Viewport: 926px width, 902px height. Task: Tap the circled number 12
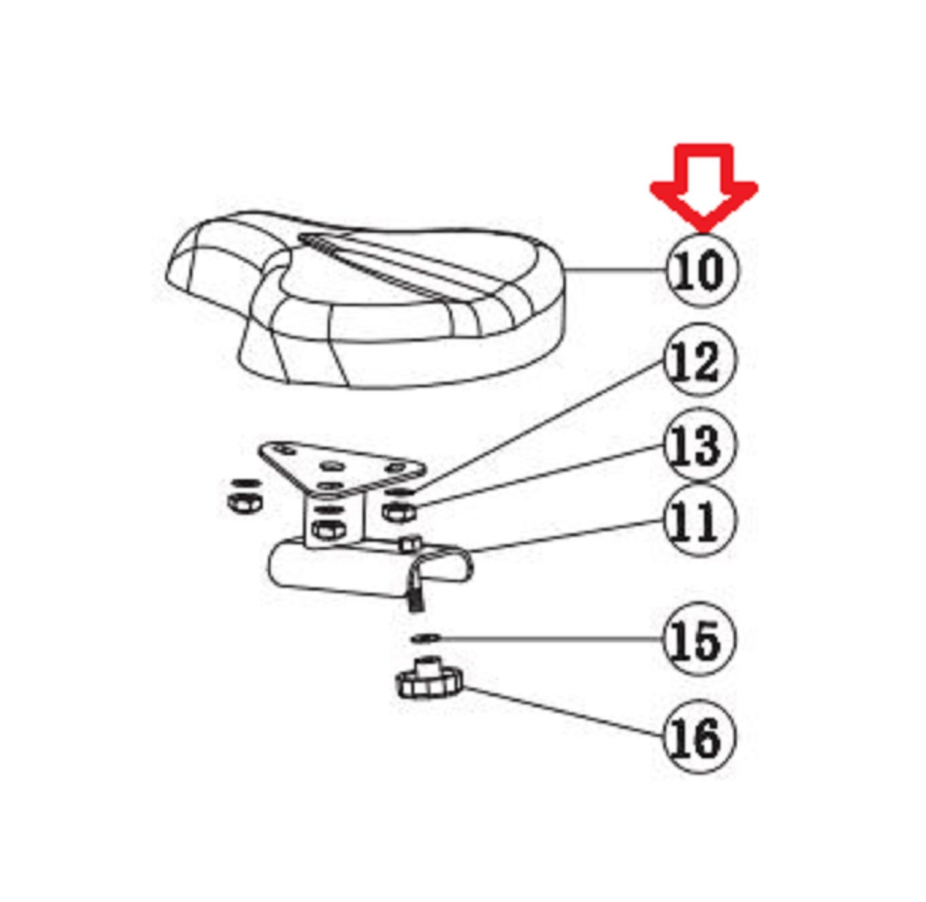click(700, 360)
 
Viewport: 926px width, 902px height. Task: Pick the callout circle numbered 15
click(700, 639)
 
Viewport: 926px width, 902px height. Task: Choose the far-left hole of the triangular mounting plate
click(286, 450)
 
